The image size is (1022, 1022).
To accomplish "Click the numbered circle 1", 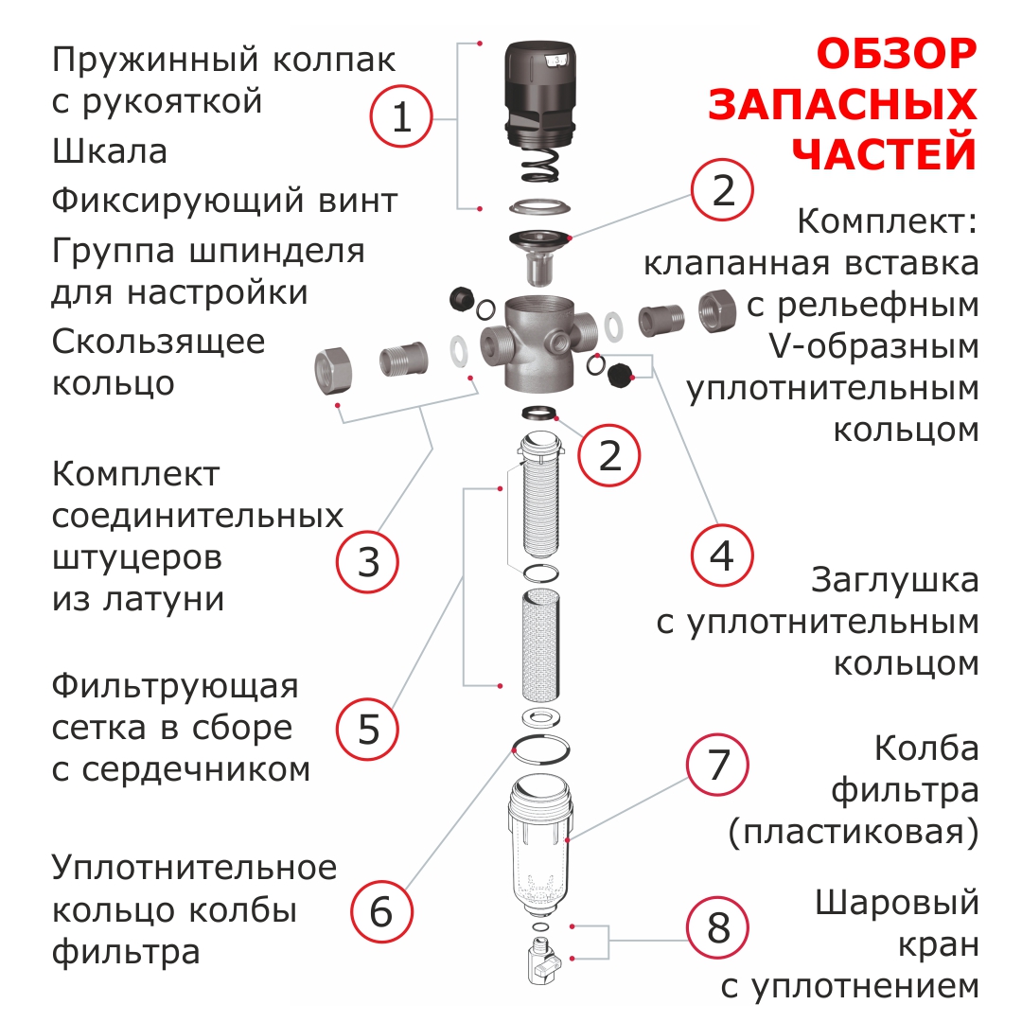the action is tap(401, 116).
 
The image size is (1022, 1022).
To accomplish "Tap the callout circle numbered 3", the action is tap(367, 561).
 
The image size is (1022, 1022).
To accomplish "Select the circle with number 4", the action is tap(722, 556).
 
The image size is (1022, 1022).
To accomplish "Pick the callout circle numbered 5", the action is tap(367, 729).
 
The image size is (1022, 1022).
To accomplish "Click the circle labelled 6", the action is tap(382, 911).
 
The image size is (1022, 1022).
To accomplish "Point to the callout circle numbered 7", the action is tap(717, 765).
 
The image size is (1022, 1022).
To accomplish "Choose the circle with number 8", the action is tap(717, 927).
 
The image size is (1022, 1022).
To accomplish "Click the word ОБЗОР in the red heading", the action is tap(896, 53).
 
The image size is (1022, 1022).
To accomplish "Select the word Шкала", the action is tap(110, 151).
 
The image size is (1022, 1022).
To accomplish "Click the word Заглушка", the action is tap(894, 580).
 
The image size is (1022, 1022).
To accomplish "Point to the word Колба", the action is tap(926, 749).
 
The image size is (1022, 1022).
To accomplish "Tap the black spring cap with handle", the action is tap(540, 94).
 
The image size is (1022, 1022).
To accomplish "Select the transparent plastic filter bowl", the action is tap(540, 843).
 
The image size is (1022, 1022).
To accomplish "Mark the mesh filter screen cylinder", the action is tap(540, 644).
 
